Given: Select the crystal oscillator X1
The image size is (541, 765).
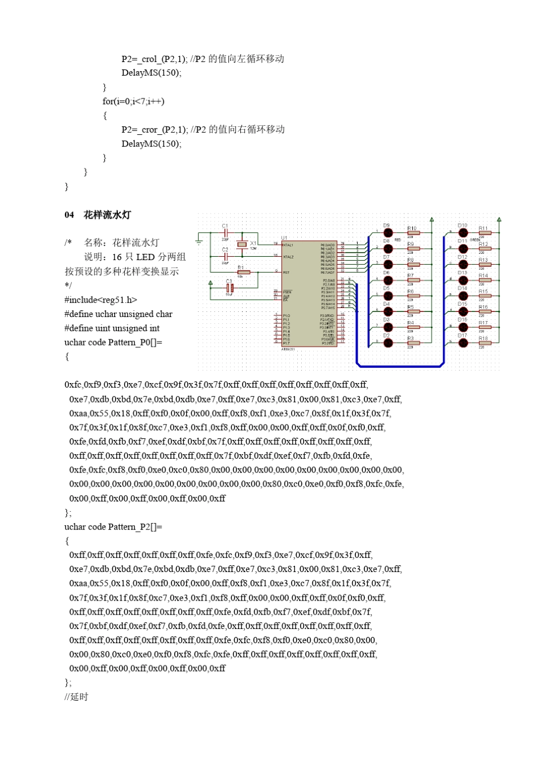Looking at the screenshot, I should coord(242,245).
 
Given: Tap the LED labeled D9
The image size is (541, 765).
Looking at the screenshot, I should coord(388,233).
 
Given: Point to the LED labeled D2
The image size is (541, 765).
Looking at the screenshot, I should coord(388,343).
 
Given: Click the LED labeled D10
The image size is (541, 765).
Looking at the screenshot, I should coord(463,233).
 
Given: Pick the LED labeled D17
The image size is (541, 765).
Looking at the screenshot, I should coord(463,343).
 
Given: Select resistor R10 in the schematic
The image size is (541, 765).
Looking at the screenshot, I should coord(413,233).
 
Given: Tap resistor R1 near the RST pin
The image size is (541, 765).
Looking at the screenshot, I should coord(243,272).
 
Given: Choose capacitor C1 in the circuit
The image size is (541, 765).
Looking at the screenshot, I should coord(226,233).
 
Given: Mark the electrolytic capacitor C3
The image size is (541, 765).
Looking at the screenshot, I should coord(229,288).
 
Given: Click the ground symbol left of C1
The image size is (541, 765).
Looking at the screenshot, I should coord(199,242).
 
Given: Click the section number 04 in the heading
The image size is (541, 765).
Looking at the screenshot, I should coord(69,215).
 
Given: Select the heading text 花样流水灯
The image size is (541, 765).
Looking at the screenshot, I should coord(107,215).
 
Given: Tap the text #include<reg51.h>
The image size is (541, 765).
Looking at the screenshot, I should coord(101,300).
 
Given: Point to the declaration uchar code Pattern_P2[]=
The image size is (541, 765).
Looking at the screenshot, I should coord(113,527).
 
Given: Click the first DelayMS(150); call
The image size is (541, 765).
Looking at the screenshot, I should coord(151,73).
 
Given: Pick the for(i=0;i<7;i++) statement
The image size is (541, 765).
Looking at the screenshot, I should coord(133,101).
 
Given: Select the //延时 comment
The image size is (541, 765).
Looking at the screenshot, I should coord(76,697).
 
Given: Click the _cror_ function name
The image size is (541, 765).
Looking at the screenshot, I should coord(149,130).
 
